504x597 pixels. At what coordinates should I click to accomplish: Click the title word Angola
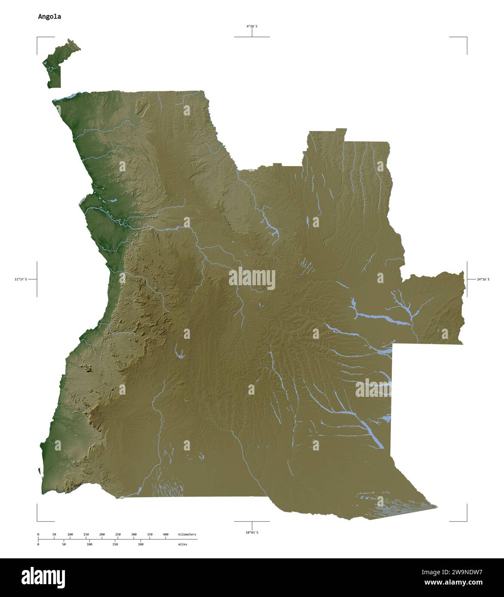[49, 17]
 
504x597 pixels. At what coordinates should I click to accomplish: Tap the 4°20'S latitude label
[252, 26]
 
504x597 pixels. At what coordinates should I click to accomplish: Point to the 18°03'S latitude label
[252, 533]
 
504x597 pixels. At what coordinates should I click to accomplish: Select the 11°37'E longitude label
[20, 279]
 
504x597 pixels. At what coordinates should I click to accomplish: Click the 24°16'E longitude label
[483, 279]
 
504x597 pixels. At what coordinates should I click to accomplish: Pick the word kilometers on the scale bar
[187, 534]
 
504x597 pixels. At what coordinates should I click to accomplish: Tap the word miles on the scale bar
[182, 544]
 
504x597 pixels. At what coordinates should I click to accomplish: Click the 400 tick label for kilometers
[166, 534]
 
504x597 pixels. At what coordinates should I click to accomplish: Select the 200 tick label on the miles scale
[141, 544]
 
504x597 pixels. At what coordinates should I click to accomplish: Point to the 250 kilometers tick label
[118, 534]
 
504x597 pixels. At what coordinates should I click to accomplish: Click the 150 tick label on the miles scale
[115, 544]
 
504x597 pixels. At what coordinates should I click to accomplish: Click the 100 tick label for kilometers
[70, 534]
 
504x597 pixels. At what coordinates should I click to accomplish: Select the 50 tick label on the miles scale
[64, 544]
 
